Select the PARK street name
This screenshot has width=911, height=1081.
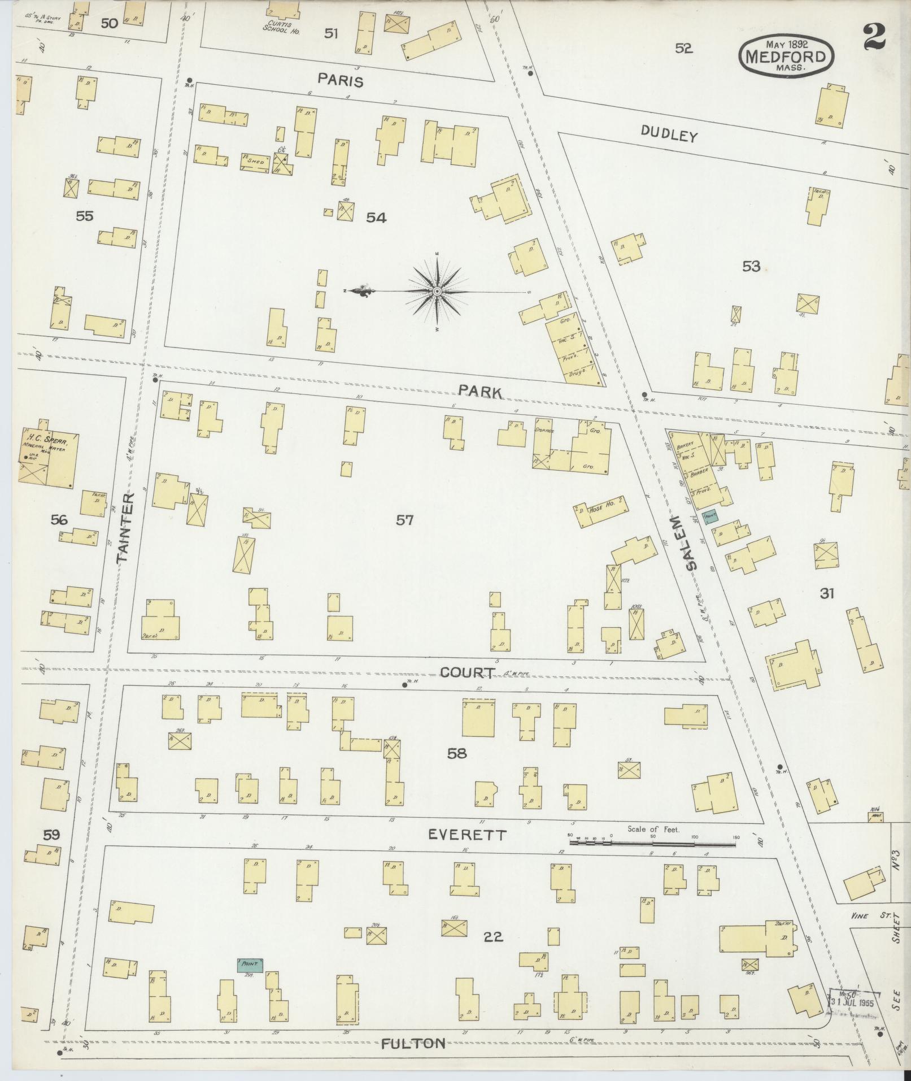[480, 391]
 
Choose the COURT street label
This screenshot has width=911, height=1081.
[468, 672]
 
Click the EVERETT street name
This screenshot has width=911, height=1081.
[467, 834]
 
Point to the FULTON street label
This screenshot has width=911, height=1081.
[413, 1043]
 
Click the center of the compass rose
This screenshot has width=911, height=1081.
[437, 291]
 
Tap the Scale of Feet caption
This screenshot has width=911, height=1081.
[653, 830]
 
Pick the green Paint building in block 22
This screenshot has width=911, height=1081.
[250, 964]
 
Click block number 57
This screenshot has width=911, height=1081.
[404, 520]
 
